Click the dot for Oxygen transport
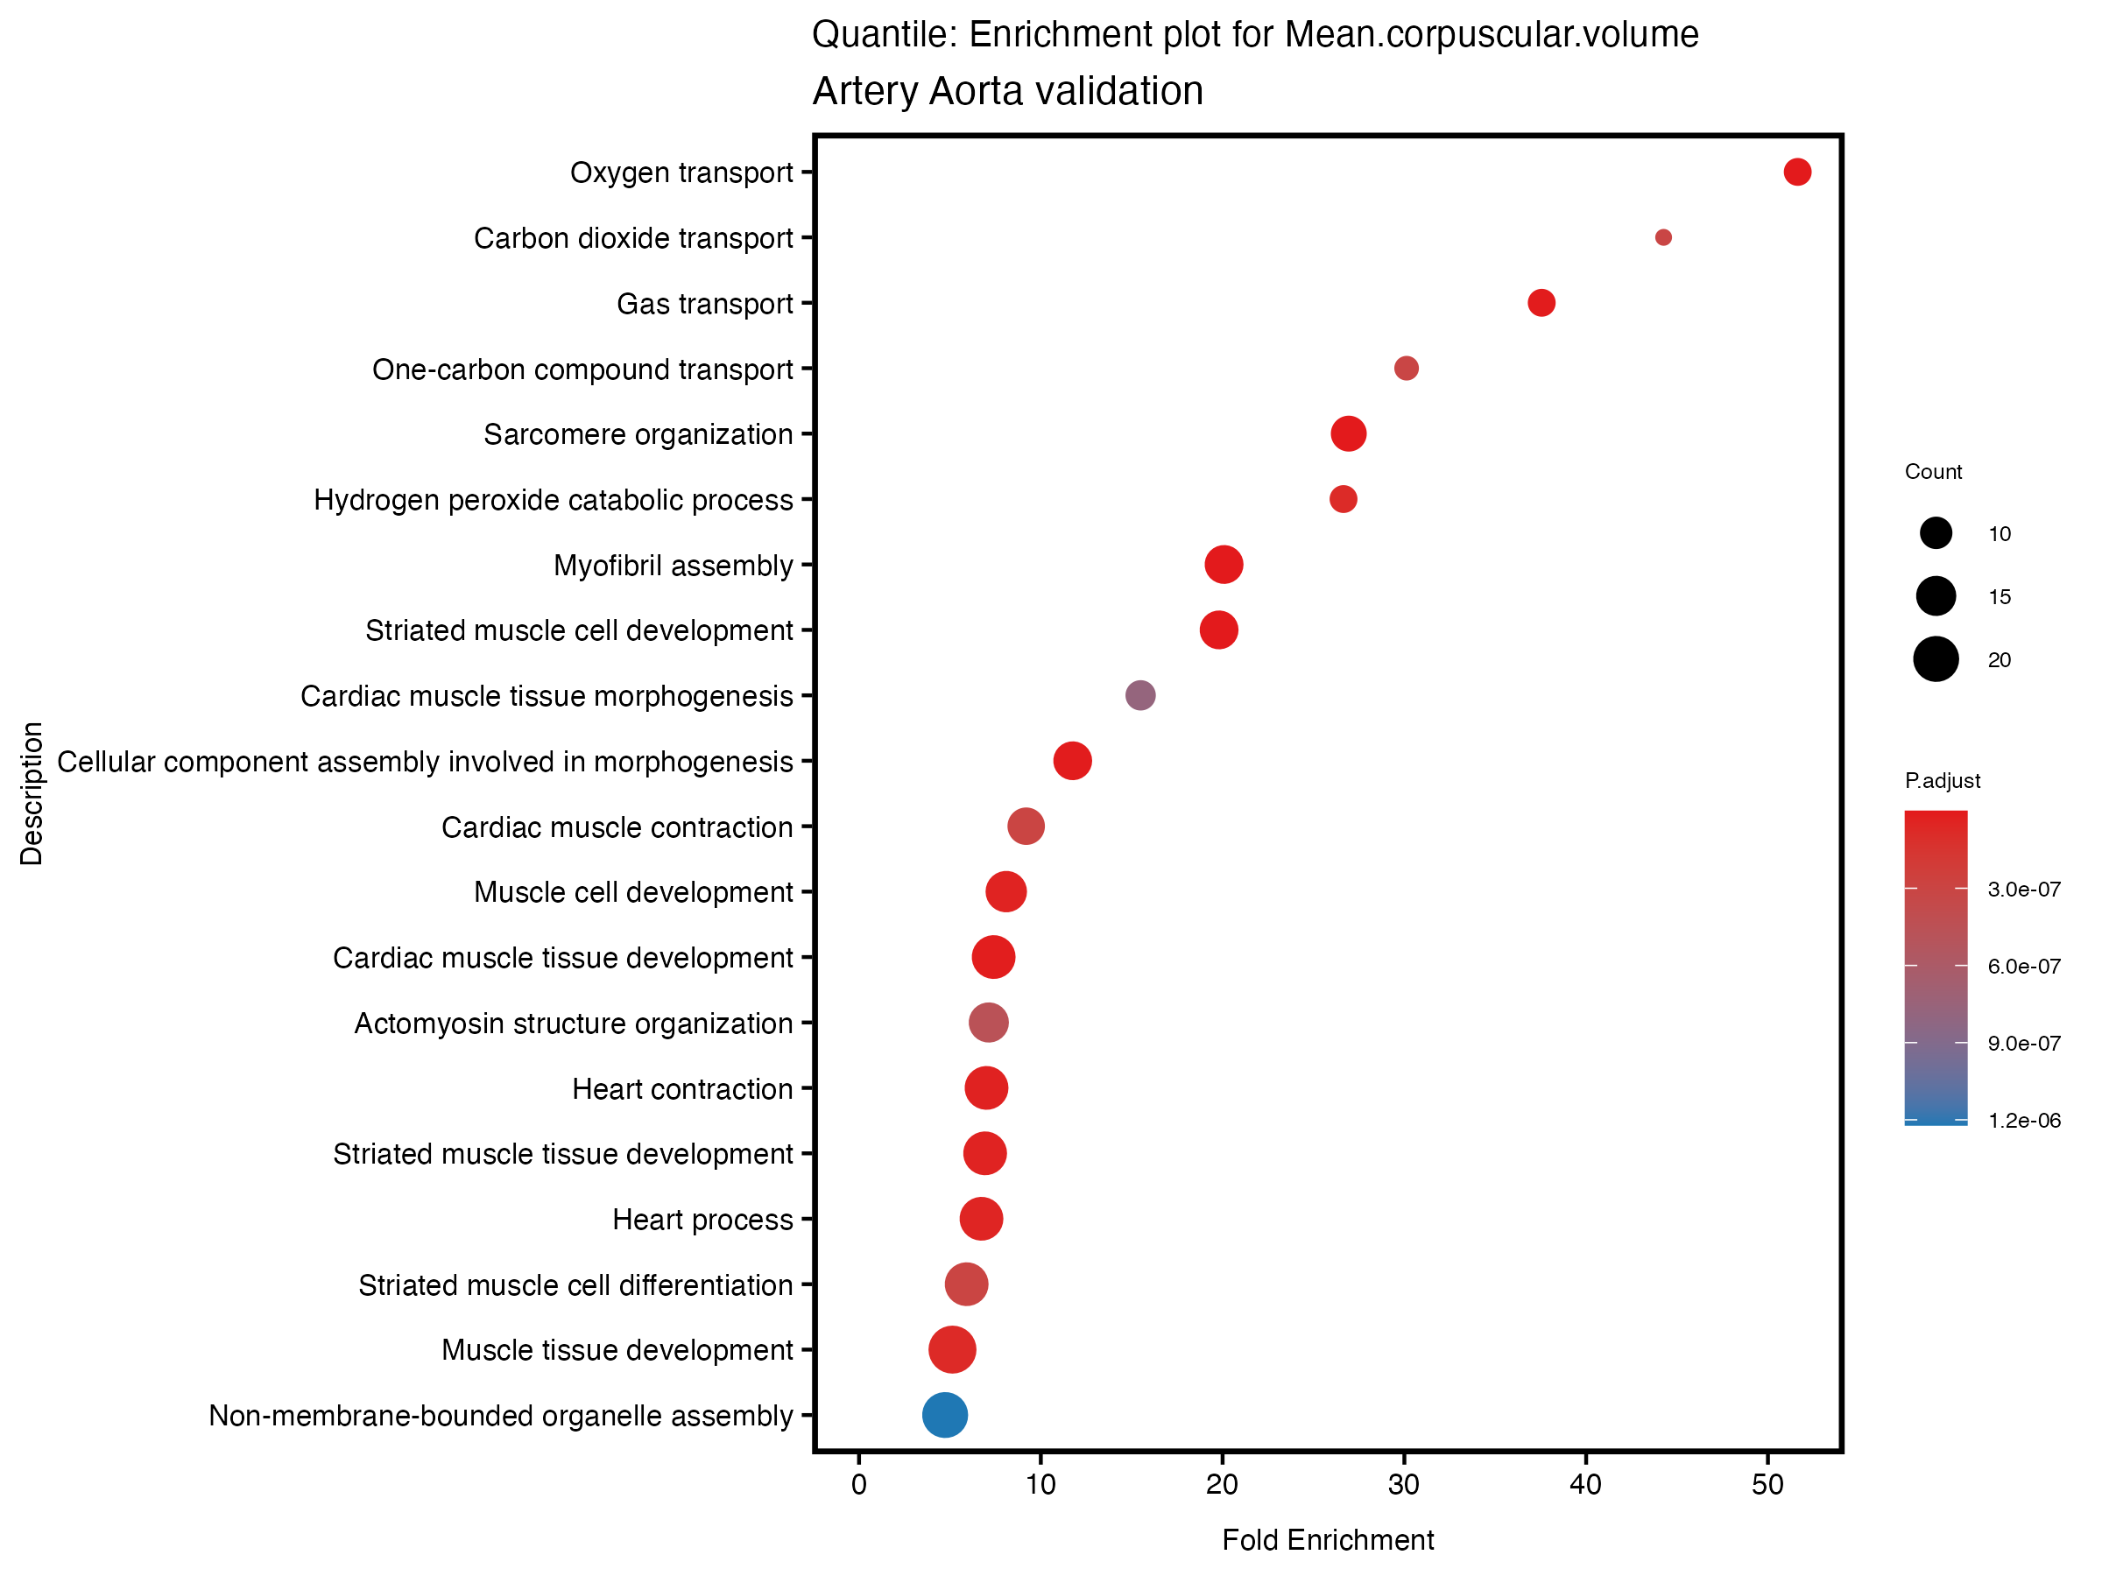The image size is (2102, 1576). tap(1797, 172)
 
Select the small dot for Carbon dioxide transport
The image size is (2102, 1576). tap(1663, 237)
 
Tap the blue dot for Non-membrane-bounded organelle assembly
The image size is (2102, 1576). tap(944, 1415)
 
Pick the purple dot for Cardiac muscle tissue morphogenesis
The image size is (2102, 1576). tap(1140, 695)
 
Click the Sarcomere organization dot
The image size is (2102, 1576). tap(1349, 434)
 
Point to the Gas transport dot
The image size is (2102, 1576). tap(1541, 303)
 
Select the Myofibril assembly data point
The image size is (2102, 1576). tap(1224, 564)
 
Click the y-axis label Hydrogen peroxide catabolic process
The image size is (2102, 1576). tap(553, 500)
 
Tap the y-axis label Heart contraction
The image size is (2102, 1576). tap(681, 1088)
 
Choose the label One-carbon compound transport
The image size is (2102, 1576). tap(582, 369)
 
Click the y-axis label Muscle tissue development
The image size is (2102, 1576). tap(617, 1350)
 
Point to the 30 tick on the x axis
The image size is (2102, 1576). tap(1404, 1485)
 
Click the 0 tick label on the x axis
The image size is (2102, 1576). tap(859, 1485)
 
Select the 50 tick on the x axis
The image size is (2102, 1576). tap(1767, 1485)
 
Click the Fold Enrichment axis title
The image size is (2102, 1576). tap(1328, 1540)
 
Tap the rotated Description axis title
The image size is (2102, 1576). tap(32, 793)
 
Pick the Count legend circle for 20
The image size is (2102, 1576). tap(1936, 659)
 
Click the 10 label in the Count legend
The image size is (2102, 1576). tap(2000, 534)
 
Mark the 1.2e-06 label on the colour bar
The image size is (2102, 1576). tap(2024, 1121)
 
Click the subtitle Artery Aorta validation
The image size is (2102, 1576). tap(1007, 91)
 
